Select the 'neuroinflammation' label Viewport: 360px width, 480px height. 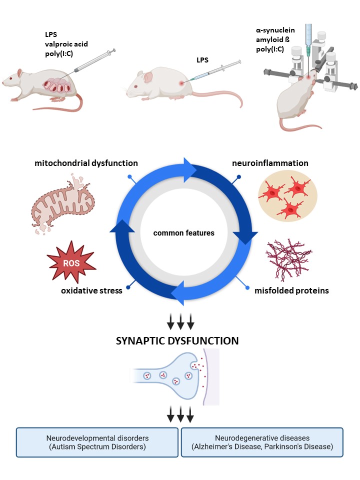click(270, 163)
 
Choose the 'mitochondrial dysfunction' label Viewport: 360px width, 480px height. click(86, 163)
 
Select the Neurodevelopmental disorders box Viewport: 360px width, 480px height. click(97, 442)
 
